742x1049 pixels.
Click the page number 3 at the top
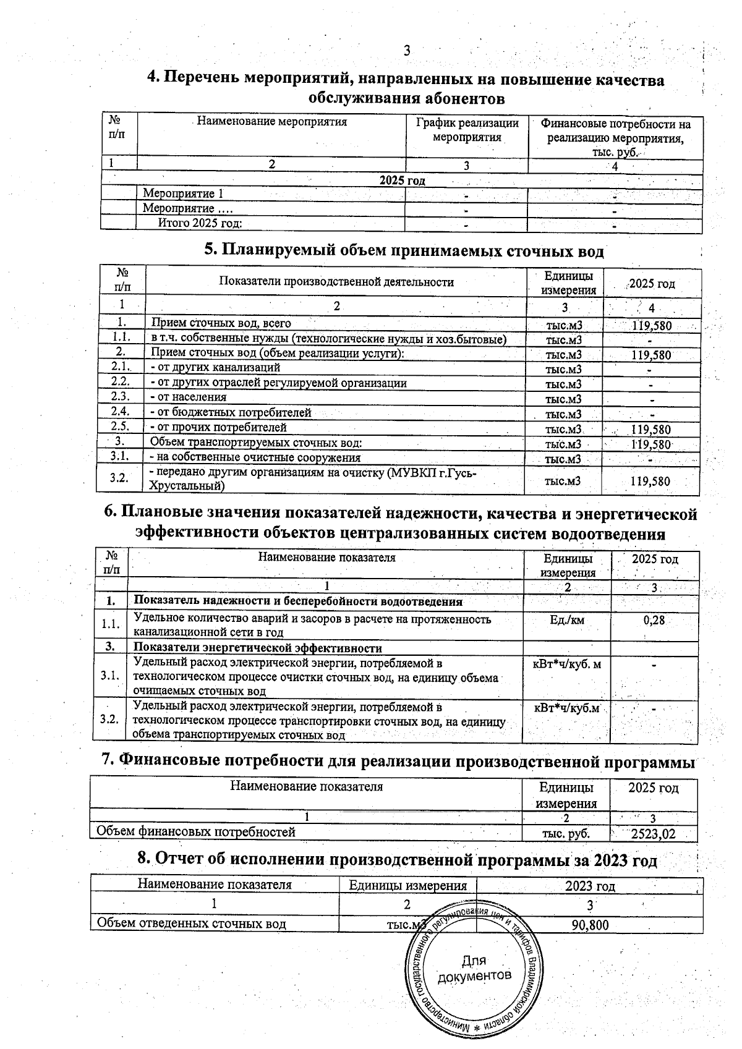click(x=407, y=51)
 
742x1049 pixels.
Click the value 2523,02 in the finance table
click(x=653, y=834)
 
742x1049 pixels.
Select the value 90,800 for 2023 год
click(x=590, y=925)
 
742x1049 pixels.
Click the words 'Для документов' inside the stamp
click(x=474, y=968)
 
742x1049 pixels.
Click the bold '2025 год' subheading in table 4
click(x=402, y=180)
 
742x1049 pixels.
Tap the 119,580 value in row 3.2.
click(x=650, y=481)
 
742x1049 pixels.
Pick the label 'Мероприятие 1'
click(x=179, y=194)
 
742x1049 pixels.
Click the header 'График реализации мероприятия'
click(x=467, y=129)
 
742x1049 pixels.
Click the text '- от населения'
click(x=189, y=397)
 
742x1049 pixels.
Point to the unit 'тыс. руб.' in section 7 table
click(x=565, y=834)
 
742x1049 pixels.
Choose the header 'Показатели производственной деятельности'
click(x=336, y=282)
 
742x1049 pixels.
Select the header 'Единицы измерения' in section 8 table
click(x=407, y=885)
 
